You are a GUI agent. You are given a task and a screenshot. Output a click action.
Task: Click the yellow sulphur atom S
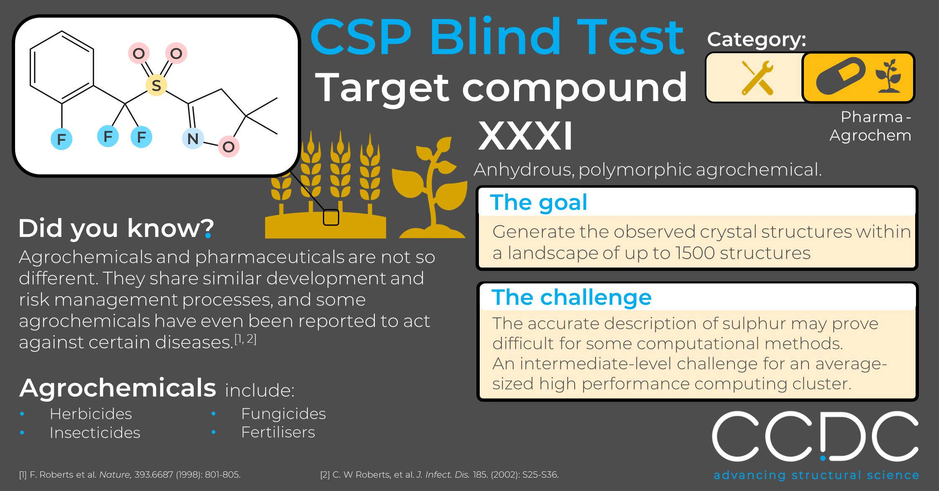click(156, 85)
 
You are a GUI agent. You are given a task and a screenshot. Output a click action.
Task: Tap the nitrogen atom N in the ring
click(193, 139)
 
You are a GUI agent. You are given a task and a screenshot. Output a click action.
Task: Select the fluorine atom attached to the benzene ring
click(61, 139)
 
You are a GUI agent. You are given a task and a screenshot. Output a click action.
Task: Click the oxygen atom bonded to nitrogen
click(228, 147)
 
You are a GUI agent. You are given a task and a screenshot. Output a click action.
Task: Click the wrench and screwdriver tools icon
click(757, 78)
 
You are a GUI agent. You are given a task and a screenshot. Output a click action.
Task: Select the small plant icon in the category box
click(888, 76)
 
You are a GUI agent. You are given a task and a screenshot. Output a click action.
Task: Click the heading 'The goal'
click(539, 202)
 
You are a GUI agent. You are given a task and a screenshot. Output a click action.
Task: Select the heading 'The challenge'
click(571, 297)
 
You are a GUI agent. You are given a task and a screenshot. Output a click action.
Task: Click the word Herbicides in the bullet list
click(91, 414)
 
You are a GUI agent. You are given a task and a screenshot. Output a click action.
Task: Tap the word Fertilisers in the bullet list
click(278, 432)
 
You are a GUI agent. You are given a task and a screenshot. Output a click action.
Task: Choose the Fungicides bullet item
click(284, 414)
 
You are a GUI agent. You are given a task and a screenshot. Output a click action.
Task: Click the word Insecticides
click(95, 432)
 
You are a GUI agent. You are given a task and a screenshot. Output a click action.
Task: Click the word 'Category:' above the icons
click(757, 40)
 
